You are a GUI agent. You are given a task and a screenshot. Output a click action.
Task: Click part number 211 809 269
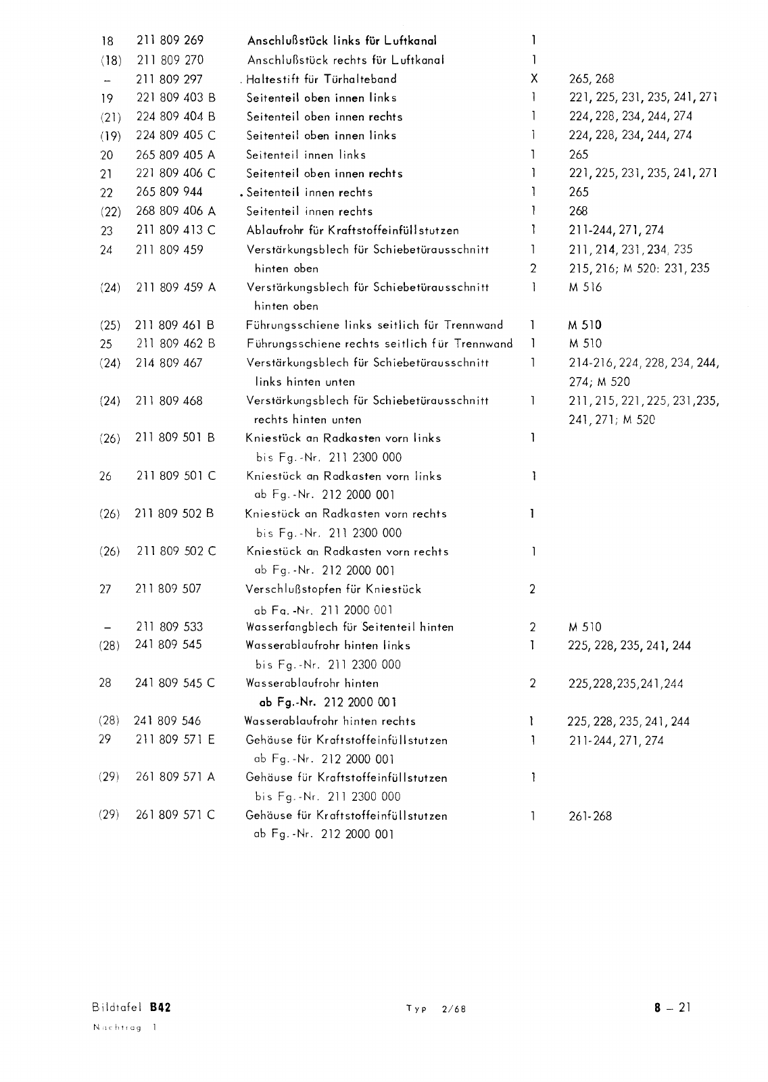(x=170, y=41)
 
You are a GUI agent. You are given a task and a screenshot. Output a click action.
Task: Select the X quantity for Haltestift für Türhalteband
(x=533, y=78)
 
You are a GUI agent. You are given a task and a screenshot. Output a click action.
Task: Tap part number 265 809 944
(x=170, y=192)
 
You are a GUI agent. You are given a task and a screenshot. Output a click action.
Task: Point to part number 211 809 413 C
(x=176, y=230)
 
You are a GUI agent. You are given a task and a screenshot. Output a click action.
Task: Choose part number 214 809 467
(x=169, y=363)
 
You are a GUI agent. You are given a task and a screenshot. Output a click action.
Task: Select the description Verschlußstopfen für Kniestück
(x=334, y=589)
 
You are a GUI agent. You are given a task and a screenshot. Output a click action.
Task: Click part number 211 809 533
(x=169, y=627)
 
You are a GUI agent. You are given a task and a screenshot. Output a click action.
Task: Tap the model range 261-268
(x=590, y=816)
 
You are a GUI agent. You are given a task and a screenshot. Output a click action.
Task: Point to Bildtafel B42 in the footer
(x=131, y=1008)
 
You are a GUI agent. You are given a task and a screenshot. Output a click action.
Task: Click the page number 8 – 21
(x=672, y=1008)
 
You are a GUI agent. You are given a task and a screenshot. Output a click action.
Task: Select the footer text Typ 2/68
(x=436, y=1010)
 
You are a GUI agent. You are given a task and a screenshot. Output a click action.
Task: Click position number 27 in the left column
(x=105, y=589)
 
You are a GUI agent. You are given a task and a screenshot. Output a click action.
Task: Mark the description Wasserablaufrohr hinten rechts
(x=330, y=721)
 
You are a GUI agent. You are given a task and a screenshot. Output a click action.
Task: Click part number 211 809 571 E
(x=176, y=740)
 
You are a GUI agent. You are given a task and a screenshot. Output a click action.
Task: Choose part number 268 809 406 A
(x=176, y=211)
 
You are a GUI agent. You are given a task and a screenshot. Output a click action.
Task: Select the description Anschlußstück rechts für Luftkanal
(x=345, y=59)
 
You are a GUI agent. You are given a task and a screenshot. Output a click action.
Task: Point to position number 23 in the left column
(x=106, y=230)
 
